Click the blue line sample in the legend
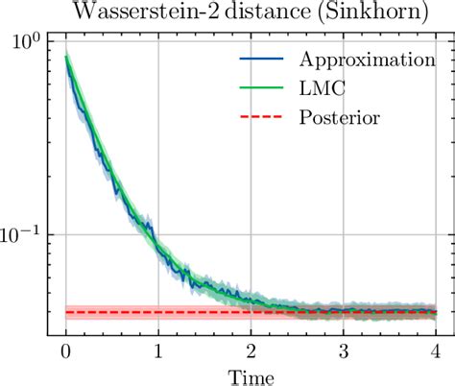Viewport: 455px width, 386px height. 259,59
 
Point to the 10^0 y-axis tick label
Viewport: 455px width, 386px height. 26,42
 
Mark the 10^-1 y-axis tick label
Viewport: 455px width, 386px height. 22,234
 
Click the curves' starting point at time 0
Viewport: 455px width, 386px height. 65,58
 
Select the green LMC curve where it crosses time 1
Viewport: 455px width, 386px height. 158,243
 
